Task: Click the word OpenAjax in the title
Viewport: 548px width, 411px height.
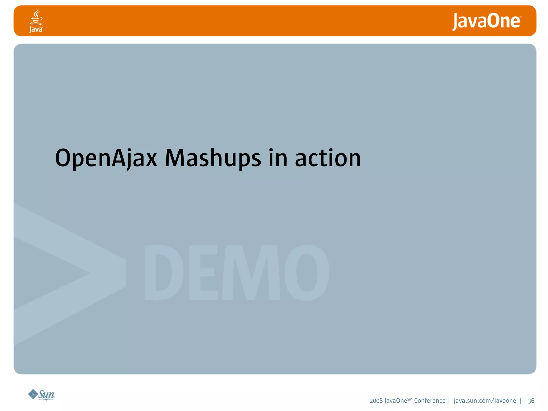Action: coord(106,158)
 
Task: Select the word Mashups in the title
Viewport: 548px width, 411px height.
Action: coord(213,158)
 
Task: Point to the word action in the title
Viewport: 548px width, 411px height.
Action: coord(328,158)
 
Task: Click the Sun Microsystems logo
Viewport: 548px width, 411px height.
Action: coord(41,395)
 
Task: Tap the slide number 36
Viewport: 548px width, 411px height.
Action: coord(531,401)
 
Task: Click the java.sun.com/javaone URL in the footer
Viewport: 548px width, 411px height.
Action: coord(485,401)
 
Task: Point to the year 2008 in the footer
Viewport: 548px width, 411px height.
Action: coord(376,401)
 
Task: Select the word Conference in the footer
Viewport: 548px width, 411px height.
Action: coord(430,401)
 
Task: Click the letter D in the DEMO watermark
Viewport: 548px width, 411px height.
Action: coord(163,272)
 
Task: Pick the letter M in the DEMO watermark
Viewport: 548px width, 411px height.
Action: coord(251,272)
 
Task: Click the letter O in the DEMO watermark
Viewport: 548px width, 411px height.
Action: coord(307,272)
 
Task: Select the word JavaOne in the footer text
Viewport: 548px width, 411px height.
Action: coord(395,401)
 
